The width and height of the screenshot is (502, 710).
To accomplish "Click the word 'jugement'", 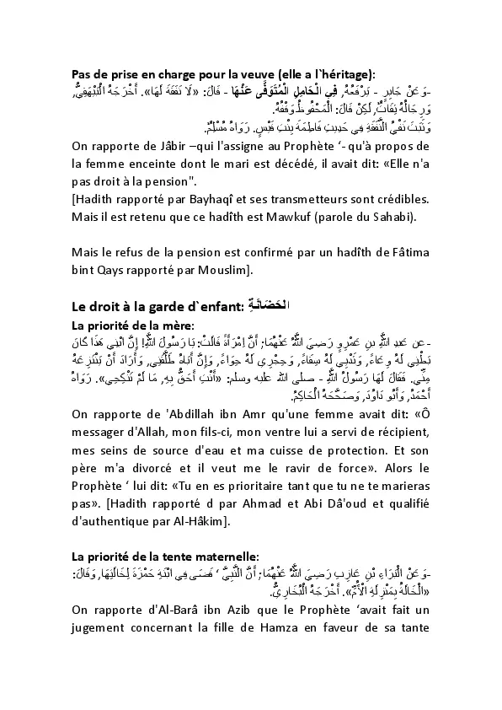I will [x=100, y=648].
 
